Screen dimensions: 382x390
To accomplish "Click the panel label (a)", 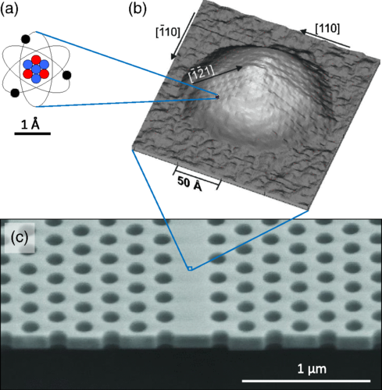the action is coord(9,10).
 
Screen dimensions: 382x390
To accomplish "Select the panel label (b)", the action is coord(137,9).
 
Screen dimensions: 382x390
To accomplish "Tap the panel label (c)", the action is coord(20,238).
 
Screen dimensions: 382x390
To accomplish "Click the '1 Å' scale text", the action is coord(30,125).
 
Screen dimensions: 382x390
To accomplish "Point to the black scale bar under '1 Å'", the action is coord(33,133).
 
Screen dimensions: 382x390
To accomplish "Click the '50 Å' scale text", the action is coord(190,183).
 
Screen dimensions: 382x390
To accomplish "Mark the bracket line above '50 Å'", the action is coord(197,177).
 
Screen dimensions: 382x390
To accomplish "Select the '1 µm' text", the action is coord(312,369).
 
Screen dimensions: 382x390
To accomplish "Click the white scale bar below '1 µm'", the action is coord(306,381).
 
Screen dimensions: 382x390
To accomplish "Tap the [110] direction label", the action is coord(327,28).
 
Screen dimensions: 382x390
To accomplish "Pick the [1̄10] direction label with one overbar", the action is coord(168,32).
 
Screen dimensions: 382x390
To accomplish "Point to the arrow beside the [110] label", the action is coord(325,39).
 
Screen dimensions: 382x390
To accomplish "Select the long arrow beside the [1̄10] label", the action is coord(183,36).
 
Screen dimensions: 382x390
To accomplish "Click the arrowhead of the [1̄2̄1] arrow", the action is coord(239,68).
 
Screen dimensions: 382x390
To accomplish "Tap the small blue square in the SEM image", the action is coord(190,268).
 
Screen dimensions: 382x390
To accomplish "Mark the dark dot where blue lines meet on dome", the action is coord(217,97).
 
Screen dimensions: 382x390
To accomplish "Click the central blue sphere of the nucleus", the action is coord(36,69).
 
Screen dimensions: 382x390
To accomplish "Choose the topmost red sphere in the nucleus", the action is coord(36,60).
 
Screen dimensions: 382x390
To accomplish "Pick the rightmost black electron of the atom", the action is coord(67,75).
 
